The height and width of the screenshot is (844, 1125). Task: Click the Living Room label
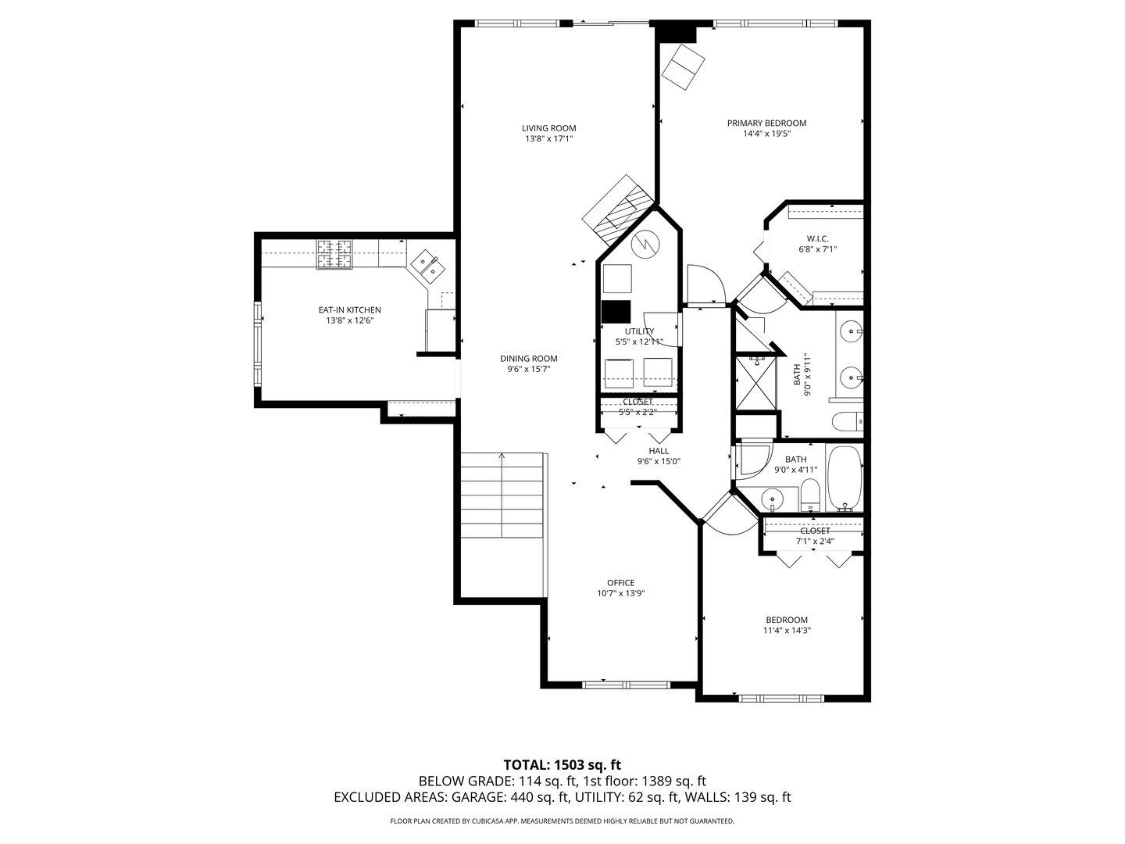(548, 128)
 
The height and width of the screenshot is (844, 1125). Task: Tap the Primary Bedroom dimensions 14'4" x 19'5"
(766, 134)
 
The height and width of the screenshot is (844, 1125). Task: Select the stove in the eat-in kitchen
(334, 255)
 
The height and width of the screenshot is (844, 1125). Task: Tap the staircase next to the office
(502, 495)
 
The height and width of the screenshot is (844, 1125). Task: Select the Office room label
(620, 582)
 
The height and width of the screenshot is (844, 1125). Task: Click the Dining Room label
(529, 359)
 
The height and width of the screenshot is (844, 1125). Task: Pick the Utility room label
(639, 331)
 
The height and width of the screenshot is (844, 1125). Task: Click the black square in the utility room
(616, 312)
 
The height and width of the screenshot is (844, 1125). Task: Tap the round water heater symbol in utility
(645, 245)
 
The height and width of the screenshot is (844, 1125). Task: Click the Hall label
(659, 451)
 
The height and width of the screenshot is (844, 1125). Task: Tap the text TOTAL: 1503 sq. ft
(562, 764)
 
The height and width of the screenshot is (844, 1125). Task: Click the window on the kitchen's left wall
(257, 344)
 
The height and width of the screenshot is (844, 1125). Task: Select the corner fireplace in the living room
(617, 208)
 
